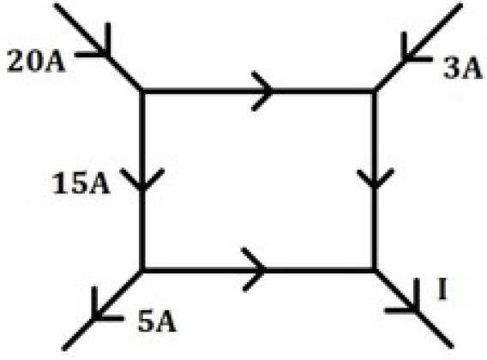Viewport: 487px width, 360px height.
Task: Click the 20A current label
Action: click(x=36, y=61)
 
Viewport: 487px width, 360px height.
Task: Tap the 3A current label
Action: click(x=462, y=69)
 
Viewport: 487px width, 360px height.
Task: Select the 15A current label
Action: click(x=81, y=183)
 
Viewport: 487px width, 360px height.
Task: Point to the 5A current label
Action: click(x=157, y=321)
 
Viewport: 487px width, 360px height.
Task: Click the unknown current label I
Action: click(x=442, y=289)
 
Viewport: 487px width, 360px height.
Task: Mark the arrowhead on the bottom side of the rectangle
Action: click(x=256, y=270)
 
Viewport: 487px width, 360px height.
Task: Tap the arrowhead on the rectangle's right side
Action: click(x=376, y=178)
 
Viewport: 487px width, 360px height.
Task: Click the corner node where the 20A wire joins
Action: click(x=142, y=92)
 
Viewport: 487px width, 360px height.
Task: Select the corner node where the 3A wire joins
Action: click(x=375, y=92)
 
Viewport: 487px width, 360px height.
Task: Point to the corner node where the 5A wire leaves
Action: click(x=142, y=270)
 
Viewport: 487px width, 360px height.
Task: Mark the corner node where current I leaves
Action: click(x=375, y=270)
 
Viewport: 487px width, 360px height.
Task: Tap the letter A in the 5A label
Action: click(x=166, y=321)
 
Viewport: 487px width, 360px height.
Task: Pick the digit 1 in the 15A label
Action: click(x=60, y=184)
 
